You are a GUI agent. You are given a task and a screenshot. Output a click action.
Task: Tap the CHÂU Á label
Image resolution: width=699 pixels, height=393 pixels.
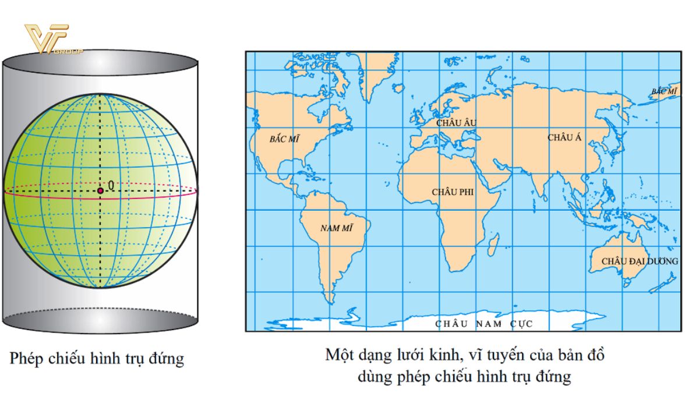564,138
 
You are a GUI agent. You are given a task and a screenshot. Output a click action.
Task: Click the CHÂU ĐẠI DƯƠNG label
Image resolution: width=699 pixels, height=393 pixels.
640,261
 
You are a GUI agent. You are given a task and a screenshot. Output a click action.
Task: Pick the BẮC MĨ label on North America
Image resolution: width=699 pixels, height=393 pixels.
284,140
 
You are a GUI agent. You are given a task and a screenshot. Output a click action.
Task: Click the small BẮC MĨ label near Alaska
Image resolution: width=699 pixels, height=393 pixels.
665,92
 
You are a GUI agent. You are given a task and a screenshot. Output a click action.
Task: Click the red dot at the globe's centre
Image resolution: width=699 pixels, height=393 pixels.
100,190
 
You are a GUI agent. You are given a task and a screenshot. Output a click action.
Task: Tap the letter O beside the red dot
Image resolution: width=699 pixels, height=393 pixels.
111,186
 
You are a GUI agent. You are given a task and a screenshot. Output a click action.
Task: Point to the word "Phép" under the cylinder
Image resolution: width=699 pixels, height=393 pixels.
26,358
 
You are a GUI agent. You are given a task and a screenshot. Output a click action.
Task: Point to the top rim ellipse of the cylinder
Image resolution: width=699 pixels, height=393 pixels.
100,62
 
